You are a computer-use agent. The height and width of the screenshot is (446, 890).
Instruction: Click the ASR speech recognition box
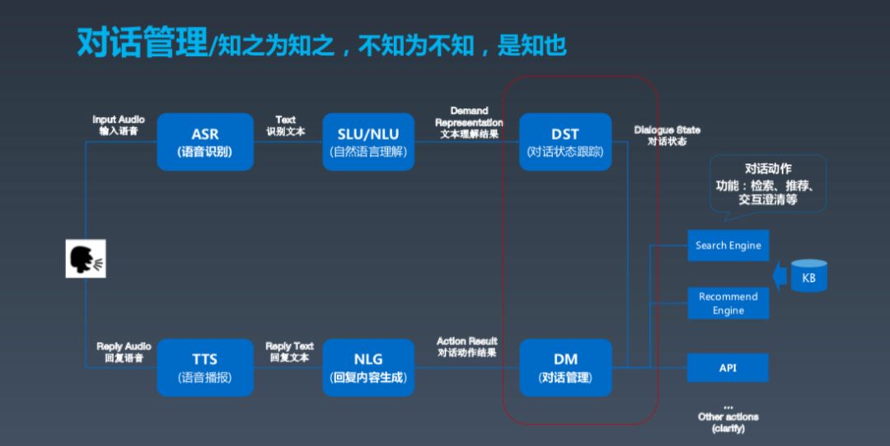205,142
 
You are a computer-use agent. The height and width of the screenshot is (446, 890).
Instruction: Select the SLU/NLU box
368,142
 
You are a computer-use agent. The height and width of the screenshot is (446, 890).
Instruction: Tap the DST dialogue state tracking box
565,142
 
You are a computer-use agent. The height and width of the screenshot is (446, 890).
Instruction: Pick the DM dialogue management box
565,368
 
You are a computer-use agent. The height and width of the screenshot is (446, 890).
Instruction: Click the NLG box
368,368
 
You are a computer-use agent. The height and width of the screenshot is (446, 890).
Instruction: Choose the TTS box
205,368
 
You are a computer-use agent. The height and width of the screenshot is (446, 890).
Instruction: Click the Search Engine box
728,246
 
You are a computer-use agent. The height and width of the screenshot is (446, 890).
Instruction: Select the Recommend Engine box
728,303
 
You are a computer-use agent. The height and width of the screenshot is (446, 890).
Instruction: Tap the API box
728,368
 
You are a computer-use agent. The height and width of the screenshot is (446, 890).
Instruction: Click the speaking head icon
86,258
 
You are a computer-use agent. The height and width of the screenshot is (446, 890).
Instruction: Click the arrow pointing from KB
778,275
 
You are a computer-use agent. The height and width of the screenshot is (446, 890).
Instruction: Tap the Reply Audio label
124,352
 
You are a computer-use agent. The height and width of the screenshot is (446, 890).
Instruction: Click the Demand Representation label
469,122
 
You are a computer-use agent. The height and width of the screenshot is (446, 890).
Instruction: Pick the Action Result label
467,347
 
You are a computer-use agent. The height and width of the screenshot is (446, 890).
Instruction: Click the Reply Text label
289,352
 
